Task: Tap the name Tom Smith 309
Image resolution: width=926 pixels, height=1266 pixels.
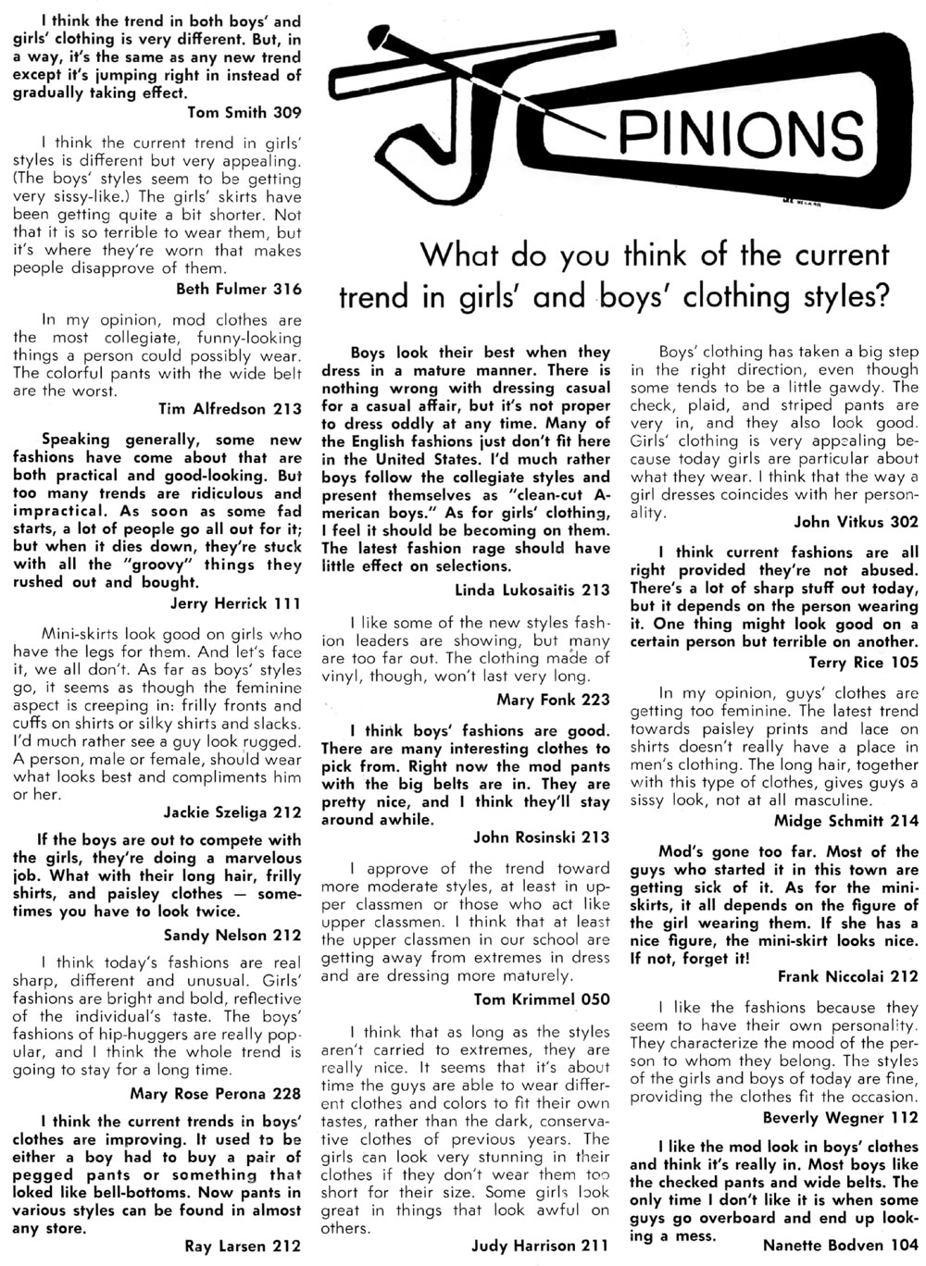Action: [x=244, y=114]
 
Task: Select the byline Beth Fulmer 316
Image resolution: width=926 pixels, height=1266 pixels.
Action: [x=238, y=288]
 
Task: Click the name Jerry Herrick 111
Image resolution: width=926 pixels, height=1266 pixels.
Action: [x=236, y=603]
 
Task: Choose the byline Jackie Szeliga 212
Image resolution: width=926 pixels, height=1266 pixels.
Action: [x=232, y=813]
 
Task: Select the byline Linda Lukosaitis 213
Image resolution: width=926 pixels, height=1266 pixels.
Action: [x=532, y=589]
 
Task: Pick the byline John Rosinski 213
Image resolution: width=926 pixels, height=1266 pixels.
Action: [x=542, y=838]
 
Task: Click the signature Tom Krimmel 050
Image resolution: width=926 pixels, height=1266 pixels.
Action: [x=542, y=999]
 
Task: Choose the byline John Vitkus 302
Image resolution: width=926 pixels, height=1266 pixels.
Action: [x=857, y=520]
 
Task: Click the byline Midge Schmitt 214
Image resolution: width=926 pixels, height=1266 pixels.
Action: [x=846, y=819]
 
